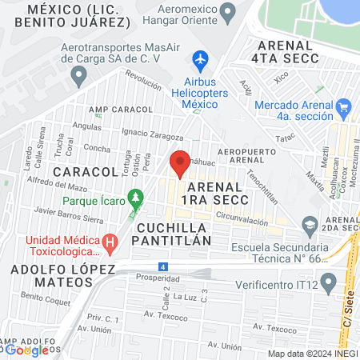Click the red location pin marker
coord(181,163)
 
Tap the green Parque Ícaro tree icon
coord(136,196)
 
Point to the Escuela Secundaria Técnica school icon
coord(310,225)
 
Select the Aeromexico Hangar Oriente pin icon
coord(228,12)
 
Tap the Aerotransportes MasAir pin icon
coord(78,77)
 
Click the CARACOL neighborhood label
coord(86,171)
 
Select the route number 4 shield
coord(163,266)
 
